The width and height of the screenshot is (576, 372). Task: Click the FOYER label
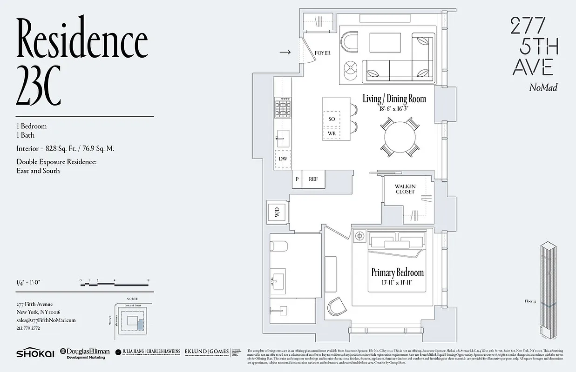tap(322, 53)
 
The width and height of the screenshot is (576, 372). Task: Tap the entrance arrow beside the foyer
tap(285, 53)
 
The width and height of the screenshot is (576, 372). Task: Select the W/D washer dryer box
tap(277, 213)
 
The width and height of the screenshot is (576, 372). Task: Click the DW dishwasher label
tap(283, 159)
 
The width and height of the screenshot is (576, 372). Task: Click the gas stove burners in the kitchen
tap(282, 110)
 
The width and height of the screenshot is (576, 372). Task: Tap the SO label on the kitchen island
tap(332, 119)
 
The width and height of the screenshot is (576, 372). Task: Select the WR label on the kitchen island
tap(332, 133)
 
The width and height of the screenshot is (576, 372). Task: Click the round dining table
tap(400, 137)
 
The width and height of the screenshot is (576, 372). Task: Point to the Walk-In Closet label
tap(405, 189)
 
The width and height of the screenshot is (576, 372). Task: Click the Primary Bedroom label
tap(397, 272)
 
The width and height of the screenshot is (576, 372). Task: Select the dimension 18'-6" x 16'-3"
tap(394, 108)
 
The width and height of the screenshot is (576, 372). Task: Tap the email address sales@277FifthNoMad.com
tap(46, 320)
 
